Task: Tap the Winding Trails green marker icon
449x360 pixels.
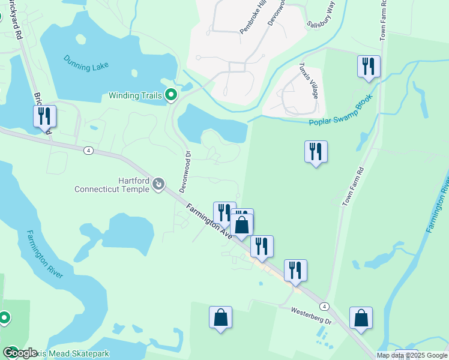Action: click(x=171, y=95)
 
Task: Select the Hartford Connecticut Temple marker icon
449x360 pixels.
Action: click(x=158, y=184)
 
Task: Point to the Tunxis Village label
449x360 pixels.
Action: click(x=306, y=83)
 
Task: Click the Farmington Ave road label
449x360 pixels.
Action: click(x=208, y=221)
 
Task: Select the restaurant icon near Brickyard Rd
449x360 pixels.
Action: click(x=44, y=116)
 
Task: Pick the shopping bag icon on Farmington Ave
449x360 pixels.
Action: click(x=242, y=226)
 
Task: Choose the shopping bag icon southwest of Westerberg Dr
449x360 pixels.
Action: click(x=220, y=317)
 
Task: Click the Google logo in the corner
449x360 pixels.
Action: click(x=20, y=353)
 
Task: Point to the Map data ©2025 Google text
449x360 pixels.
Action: click(x=412, y=355)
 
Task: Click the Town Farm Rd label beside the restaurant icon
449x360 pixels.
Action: click(x=354, y=188)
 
